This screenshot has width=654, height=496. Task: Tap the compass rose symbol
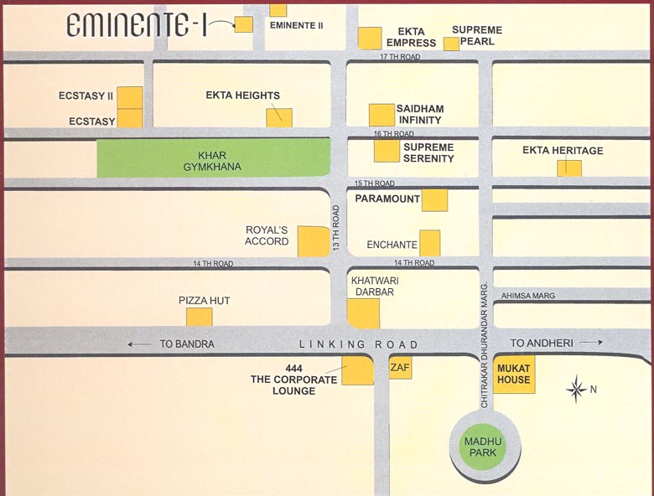[x=576, y=390]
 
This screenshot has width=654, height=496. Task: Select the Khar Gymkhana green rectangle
[x=213, y=160]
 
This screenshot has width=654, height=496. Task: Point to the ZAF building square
[x=401, y=369]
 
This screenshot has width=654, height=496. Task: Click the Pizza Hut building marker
[x=200, y=317]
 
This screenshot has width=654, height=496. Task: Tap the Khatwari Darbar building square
[x=363, y=313]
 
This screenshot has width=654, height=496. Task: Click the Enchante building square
[x=430, y=243]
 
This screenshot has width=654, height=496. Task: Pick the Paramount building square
[x=434, y=200]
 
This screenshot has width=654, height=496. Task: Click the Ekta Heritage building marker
[x=569, y=168]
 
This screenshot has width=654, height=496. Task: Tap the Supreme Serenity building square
[x=387, y=151]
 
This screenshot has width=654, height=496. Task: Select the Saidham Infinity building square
[x=382, y=116]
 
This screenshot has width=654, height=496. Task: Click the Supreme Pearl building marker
[x=451, y=44]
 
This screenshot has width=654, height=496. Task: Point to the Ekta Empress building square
[x=370, y=38]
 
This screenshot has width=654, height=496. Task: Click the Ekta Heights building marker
[x=279, y=118]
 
